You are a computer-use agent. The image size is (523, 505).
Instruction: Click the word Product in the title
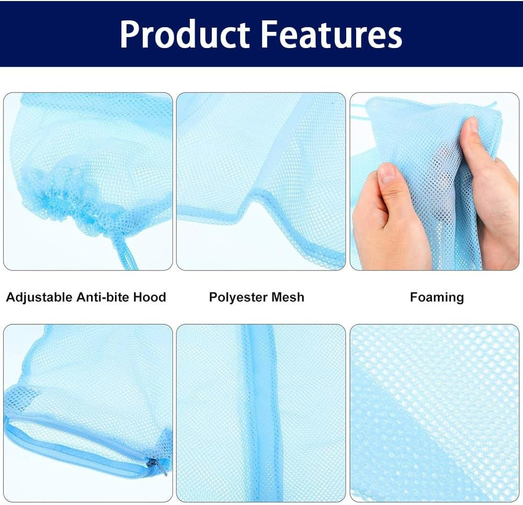coord(185,34)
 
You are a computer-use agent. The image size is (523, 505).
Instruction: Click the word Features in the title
coord(332,34)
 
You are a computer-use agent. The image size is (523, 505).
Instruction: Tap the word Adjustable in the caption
coord(39,298)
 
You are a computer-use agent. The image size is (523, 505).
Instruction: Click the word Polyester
coord(236,298)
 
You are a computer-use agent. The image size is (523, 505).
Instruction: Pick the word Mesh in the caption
coord(288,298)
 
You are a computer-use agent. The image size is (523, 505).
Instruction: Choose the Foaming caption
coord(437,298)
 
